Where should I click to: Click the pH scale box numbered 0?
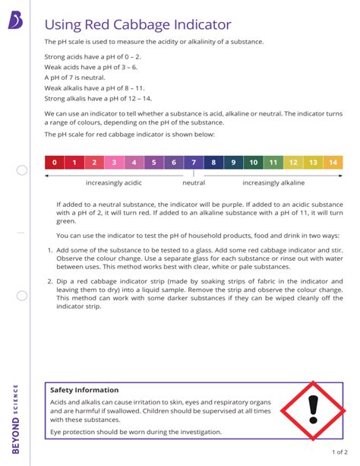pyautogui.click(x=55, y=162)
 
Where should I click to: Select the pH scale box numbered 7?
pyautogui.click(x=194, y=162)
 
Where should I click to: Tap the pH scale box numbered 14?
pyautogui.click(x=333, y=162)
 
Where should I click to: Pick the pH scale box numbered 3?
pyautogui.click(x=114, y=162)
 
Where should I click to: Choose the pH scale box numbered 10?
pyautogui.click(x=253, y=162)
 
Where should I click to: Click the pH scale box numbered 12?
pyautogui.click(x=293, y=162)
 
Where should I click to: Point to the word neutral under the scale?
pyautogui.click(x=194, y=183)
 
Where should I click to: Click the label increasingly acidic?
pyautogui.click(x=115, y=183)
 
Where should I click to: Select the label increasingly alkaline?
pyautogui.click(x=273, y=183)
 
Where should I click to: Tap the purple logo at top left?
pyautogui.click(x=15, y=24)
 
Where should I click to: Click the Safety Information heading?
pyautogui.click(x=84, y=390)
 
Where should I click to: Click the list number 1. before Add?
pyautogui.click(x=49, y=250)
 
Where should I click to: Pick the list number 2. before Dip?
pyautogui.click(x=49, y=281)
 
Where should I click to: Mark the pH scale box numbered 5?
pyautogui.click(x=154, y=162)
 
